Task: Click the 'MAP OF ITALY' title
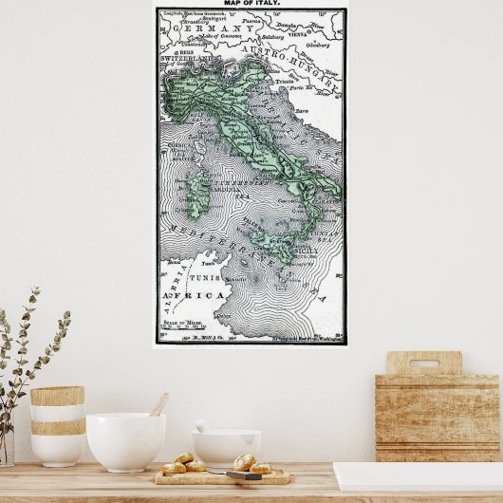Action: tap(251, 4)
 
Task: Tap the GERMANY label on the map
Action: tap(210, 29)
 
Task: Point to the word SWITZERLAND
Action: tap(188, 59)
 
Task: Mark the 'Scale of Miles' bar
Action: tap(186, 328)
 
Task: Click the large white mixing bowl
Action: tap(125, 440)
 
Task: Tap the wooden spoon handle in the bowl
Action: tap(158, 405)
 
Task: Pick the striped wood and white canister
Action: tap(57, 424)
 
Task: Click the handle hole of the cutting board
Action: tap(423, 363)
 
